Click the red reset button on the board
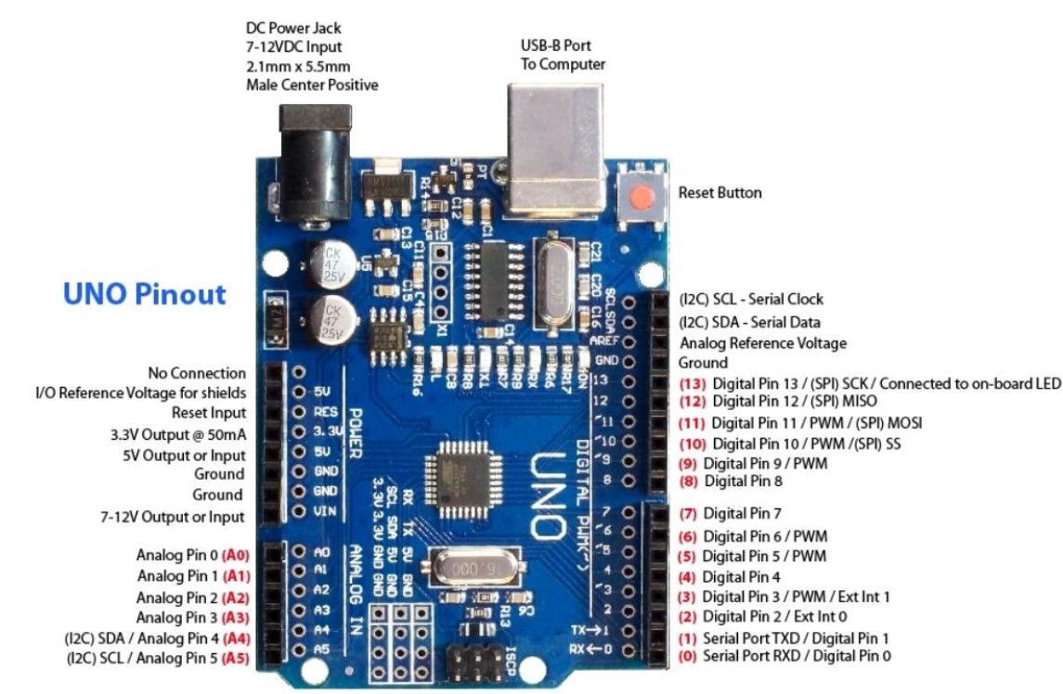pos(640,198)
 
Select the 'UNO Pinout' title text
pos(144,294)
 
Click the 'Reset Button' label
pos(719,193)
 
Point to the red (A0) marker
pos(236,555)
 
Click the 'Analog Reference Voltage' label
pos(762,343)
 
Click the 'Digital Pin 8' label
pos(743,482)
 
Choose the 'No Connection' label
pos(197,373)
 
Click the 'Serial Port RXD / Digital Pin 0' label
pos(797,656)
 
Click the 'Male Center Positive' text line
pos(312,85)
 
